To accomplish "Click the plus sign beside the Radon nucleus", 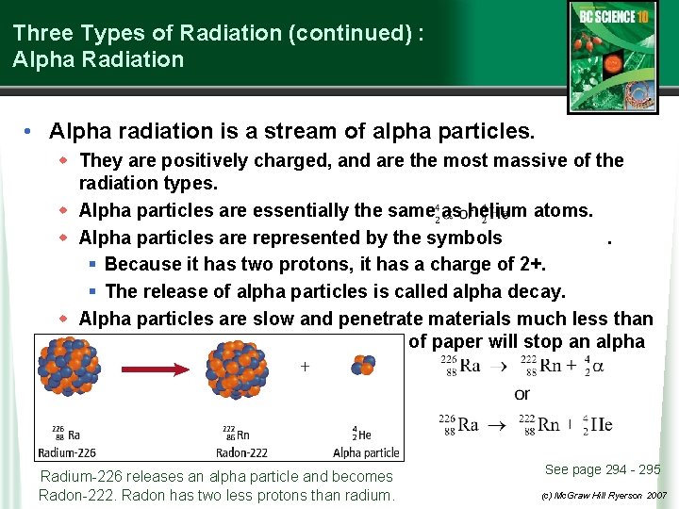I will tap(305, 367).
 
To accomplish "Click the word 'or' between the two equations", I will tap(522, 394).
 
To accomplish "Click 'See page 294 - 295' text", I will tap(603, 469).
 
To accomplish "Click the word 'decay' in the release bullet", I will tap(538, 291).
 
